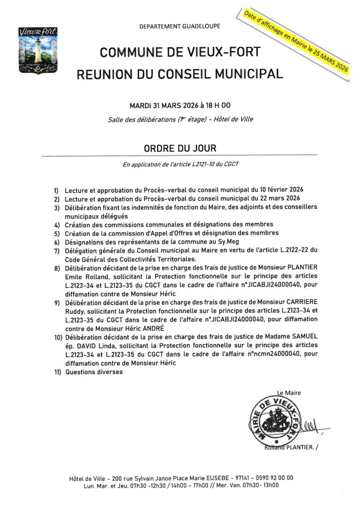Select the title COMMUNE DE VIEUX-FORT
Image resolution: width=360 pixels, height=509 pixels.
[180, 52]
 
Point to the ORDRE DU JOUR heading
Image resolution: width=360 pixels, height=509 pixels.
[180, 148]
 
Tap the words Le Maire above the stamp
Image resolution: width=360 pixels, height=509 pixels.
[290, 393]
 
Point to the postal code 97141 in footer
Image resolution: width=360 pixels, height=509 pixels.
[240, 478]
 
